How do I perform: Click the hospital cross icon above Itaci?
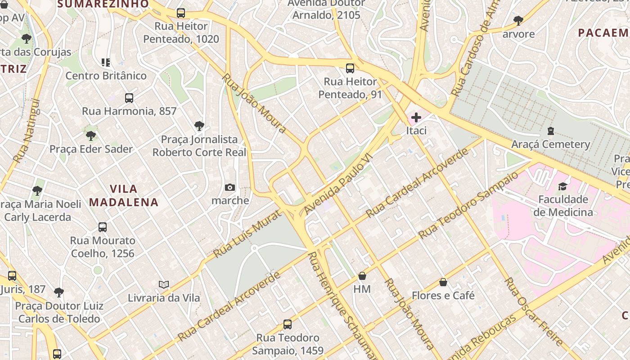point(416,118)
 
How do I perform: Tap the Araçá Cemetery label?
point(550,144)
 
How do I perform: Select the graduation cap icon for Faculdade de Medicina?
point(562,186)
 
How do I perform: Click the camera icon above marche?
point(230,188)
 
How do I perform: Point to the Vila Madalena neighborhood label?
point(124,195)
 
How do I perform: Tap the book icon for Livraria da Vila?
point(164,285)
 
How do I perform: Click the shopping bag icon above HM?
point(362,276)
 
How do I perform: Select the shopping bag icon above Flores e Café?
point(443,283)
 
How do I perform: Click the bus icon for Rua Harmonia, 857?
point(129,98)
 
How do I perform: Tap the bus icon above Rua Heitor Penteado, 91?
point(350,69)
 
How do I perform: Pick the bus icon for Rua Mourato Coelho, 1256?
point(103,227)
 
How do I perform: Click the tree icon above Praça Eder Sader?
point(91,135)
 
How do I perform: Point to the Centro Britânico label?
point(106,76)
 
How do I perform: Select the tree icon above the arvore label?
point(518,21)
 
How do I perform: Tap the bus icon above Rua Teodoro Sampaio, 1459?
point(288,324)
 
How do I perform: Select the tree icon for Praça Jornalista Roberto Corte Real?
point(199,126)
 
